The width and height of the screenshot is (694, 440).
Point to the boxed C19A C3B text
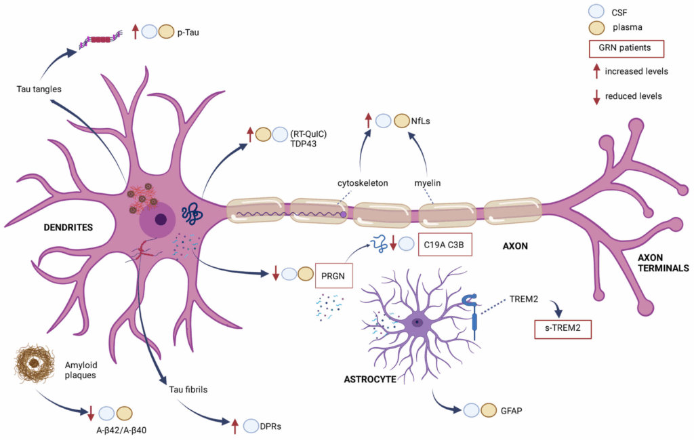click(x=444, y=243)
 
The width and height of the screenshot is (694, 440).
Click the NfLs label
click(x=421, y=122)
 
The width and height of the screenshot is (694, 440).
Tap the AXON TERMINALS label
click(x=663, y=262)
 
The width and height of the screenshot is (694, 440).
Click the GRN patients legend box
click(x=626, y=49)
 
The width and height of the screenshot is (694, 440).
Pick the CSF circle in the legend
click(x=597, y=12)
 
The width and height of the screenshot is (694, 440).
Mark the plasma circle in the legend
click(x=597, y=28)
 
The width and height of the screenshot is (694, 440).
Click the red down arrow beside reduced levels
click(x=596, y=96)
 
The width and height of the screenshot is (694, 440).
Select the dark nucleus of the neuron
click(x=161, y=219)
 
